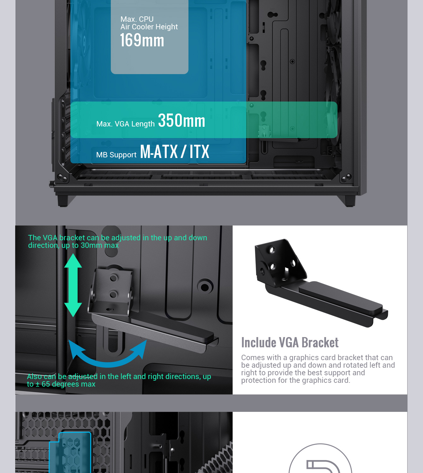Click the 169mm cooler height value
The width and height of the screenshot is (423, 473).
[x=142, y=40]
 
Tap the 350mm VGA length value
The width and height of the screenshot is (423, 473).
[x=182, y=120]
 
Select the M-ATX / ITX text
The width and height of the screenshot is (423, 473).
[x=175, y=152]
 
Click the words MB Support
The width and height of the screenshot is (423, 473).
[x=116, y=155]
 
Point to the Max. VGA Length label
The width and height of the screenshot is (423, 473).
[x=126, y=124]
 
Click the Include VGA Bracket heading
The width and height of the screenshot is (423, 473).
[x=290, y=342]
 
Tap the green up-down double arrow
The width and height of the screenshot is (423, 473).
[x=73, y=285]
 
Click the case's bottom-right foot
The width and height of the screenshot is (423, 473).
[x=349, y=201]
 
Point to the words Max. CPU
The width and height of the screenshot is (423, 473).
[x=137, y=19]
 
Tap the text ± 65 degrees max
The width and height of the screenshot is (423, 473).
[x=65, y=384]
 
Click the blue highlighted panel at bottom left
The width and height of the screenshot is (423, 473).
[x=70, y=453]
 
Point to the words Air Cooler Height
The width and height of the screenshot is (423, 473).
[x=149, y=27]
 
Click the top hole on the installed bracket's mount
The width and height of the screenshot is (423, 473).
[x=114, y=278]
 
